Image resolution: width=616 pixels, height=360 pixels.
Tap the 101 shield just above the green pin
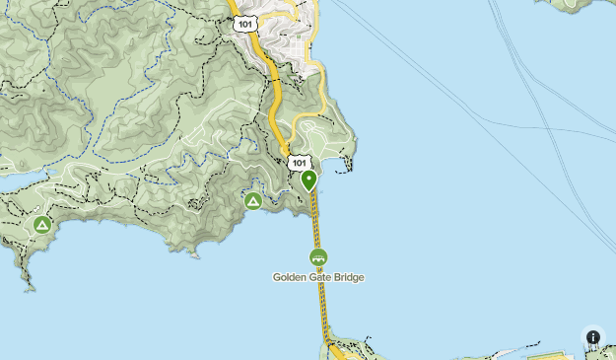click(298, 162)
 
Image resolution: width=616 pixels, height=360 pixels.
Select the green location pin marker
click(309, 180)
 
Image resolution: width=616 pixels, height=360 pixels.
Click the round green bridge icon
click(318, 257)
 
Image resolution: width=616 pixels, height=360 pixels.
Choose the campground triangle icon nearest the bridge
click(253, 201)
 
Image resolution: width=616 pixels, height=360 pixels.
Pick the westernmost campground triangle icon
click(41, 225)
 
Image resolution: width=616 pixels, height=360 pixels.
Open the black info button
click(593, 337)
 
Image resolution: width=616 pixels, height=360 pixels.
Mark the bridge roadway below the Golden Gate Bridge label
click(322, 306)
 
